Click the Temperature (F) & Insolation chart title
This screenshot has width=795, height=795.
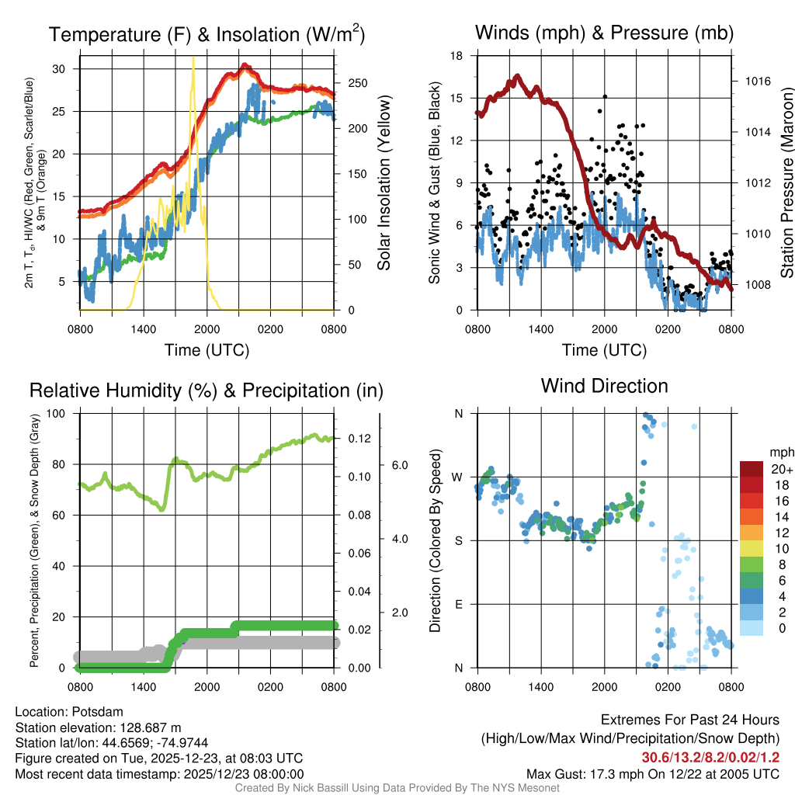207,34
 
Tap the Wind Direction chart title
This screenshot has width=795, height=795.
604,386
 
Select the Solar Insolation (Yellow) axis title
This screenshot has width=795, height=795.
384,183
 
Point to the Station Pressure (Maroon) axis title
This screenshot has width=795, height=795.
786,183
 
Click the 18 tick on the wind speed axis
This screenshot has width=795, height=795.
457,56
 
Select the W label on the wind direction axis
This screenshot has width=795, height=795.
458,477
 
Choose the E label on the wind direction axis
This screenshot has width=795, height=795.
459,604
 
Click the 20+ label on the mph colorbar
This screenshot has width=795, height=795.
781,470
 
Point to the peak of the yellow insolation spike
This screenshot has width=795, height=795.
193,57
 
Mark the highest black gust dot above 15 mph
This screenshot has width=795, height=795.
605,97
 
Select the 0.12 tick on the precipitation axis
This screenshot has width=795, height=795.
359,439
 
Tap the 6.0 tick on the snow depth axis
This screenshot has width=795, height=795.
398,465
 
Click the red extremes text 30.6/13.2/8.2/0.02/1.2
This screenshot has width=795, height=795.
710,758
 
